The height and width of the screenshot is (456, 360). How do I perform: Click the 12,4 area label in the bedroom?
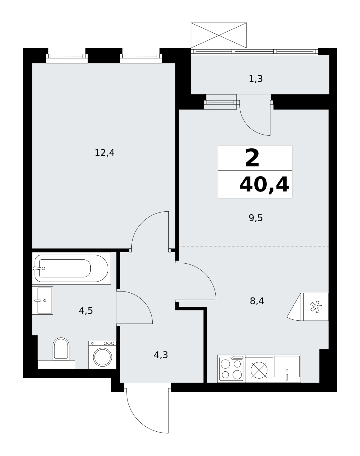(104, 153)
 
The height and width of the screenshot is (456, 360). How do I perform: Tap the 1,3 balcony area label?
(256, 79)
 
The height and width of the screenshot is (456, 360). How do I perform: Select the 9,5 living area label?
(256, 218)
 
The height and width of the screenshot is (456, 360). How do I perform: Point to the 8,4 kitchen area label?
(257, 301)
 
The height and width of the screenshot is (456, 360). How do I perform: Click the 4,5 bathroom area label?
(86, 311)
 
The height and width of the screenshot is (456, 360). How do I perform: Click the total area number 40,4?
(264, 185)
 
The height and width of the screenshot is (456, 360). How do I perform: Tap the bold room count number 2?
(252, 158)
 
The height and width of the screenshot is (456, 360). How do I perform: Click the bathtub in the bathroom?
(71, 268)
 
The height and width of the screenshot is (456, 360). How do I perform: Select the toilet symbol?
(61, 349)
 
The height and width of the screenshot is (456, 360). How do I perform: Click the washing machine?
(102, 355)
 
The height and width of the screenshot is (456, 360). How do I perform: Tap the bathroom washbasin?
(43, 300)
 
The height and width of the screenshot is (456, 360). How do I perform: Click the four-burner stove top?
(231, 369)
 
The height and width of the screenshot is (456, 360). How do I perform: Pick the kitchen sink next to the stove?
(287, 369)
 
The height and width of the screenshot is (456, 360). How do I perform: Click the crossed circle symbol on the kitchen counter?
(259, 370)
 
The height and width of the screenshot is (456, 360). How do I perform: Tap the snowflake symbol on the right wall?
(316, 307)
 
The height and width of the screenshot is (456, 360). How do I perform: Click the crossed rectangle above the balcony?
(219, 35)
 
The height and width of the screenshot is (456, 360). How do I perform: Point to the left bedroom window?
(67, 56)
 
